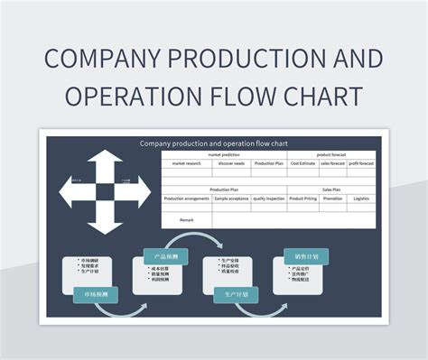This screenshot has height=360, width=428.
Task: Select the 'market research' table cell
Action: (x=186, y=163)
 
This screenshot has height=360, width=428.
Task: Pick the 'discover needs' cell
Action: (x=231, y=163)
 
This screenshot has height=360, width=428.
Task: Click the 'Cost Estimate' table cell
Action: (x=303, y=163)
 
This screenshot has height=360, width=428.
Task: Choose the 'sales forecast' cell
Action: (x=333, y=163)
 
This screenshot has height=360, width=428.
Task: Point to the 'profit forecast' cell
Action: (x=361, y=163)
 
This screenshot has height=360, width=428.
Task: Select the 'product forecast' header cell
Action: (x=331, y=154)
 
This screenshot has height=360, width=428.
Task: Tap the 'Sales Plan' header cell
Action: (x=331, y=189)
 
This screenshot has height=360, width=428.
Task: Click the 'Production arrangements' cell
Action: (x=186, y=198)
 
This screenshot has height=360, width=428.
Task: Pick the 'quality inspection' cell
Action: (x=268, y=198)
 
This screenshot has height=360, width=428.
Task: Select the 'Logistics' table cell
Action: (x=361, y=198)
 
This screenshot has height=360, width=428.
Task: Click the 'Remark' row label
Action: (x=186, y=219)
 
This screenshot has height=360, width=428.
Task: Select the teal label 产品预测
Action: (x=165, y=256)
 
